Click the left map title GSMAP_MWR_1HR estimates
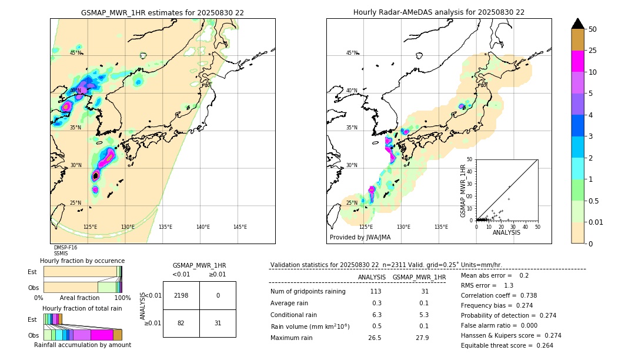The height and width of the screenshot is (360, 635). pyautogui.click(x=162, y=12)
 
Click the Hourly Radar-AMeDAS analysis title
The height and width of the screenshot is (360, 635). pyautogui.click(x=439, y=12)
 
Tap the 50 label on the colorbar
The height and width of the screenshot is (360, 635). pyautogui.click(x=593, y=29)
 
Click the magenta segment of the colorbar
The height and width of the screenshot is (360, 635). pyautogui.click(x=577, y=61)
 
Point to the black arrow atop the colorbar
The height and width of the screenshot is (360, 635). pyautogui.click(x=577, y=24)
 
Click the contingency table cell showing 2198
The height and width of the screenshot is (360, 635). pyautogui.click(x=181, y=295)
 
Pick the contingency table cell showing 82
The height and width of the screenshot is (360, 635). pyautogui.click(x=181, y=323)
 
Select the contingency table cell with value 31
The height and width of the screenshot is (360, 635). pyautogui.click(x=218, y=323)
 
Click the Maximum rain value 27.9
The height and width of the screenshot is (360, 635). pyautogui.click(x=422, y=338)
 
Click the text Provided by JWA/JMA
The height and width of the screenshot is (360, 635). pyautogui.click(x=360, y=238)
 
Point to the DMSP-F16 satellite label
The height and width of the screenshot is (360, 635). pyautogui.click(x=65, y=248)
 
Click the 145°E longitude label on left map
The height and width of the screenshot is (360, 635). pyautogui.click(x=240, y=227)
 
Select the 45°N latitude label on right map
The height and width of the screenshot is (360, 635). pyautogui.click(x=352, y=53)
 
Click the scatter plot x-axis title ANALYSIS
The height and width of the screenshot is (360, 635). pyautogui.click(x=506, y=232)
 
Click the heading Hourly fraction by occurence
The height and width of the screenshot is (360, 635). pyautogui.click(x=82, y=261)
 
